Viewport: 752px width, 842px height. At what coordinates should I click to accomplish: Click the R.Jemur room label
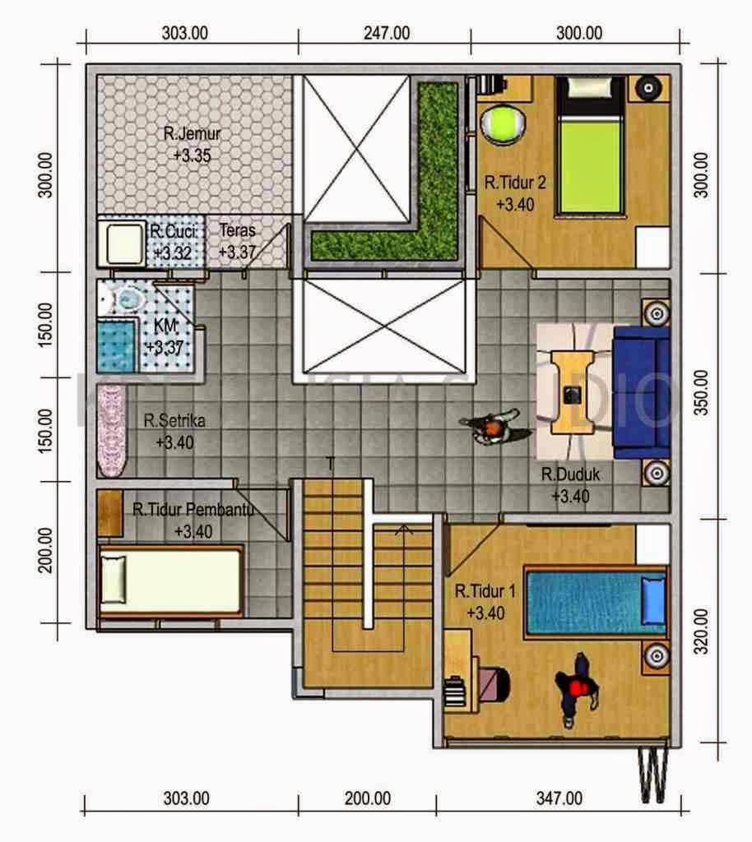tap(192, 134)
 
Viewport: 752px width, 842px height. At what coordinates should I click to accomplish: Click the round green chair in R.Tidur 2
tap(499, 124)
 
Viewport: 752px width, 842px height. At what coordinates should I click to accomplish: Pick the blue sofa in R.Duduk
tap(642, 391)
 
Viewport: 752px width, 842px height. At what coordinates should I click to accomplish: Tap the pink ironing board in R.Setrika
tap(109, 430)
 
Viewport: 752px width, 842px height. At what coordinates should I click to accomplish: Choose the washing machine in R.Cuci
tap(121, 241)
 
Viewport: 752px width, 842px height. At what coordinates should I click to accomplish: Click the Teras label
tap(237, 231)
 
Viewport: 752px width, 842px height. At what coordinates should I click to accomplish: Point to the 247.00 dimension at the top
tap(385, 34)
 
